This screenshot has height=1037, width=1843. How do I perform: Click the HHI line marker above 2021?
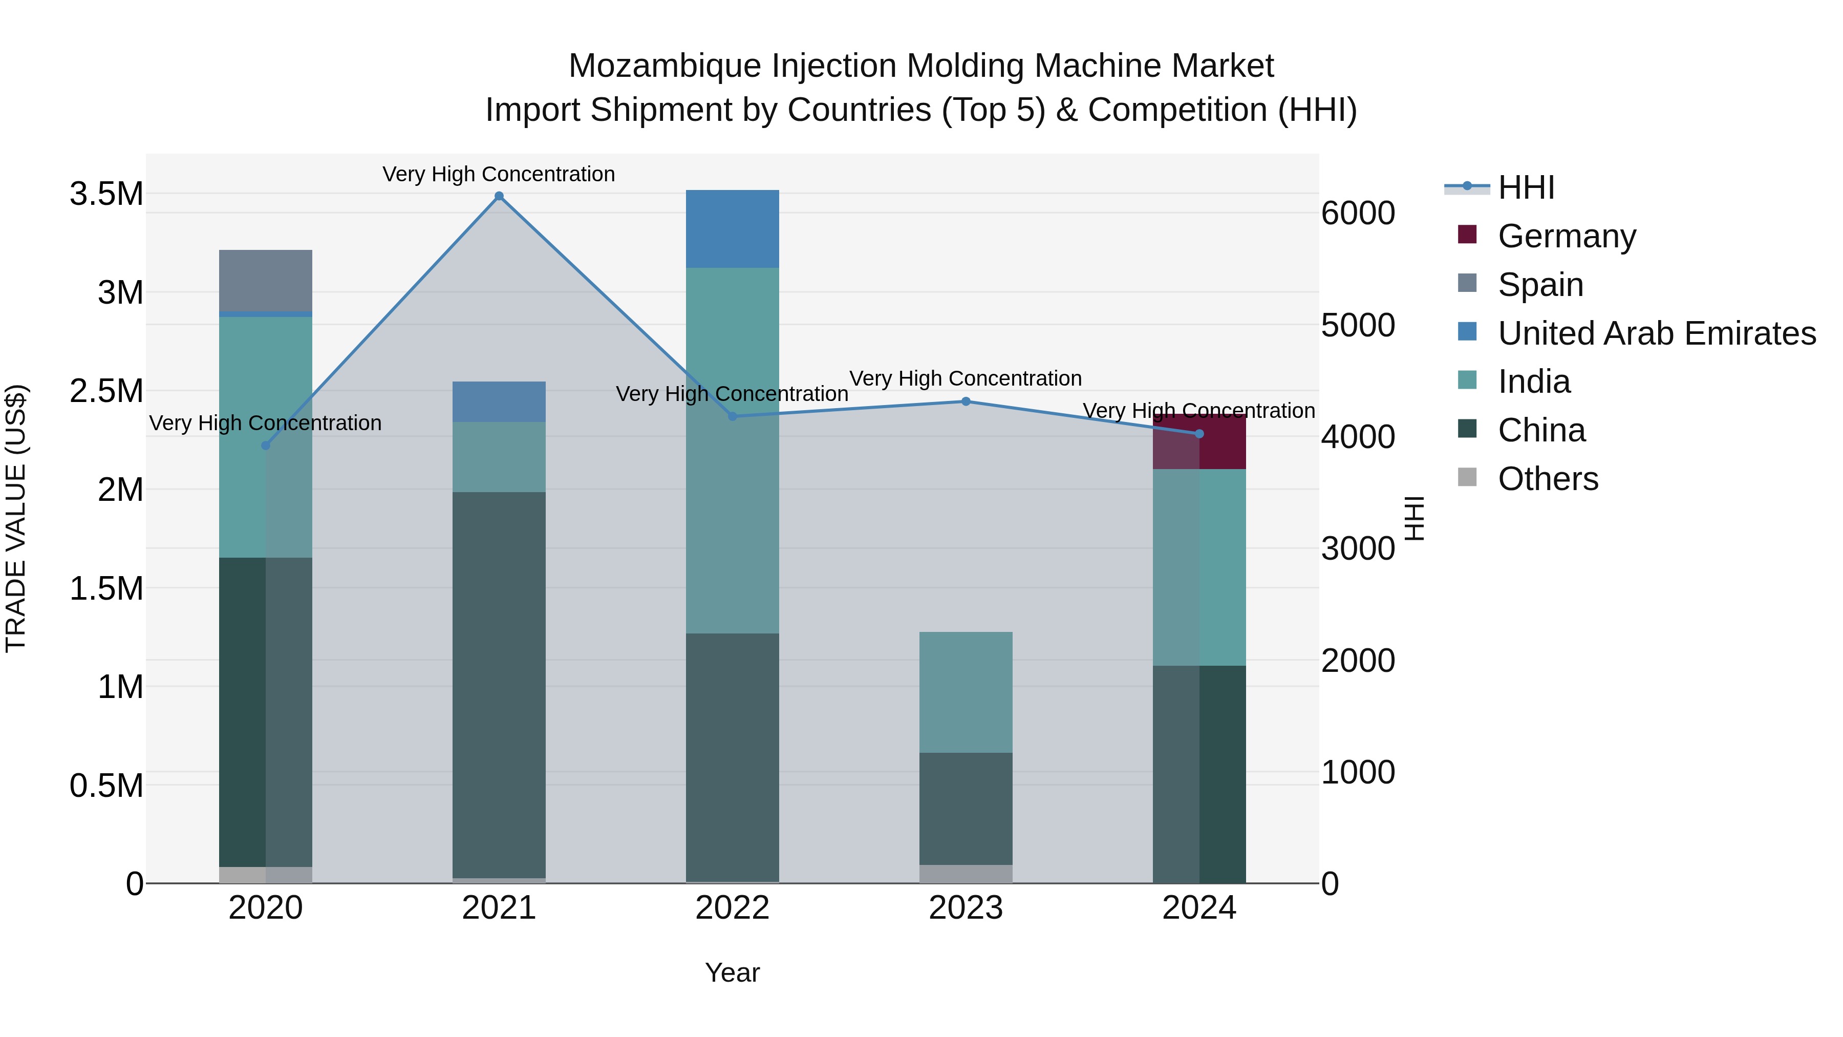(499, 196)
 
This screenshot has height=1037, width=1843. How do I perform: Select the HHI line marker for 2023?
(966, 401)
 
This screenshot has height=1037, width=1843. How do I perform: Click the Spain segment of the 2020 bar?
(265, 281)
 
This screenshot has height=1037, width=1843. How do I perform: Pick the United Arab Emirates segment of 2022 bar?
(732, 229)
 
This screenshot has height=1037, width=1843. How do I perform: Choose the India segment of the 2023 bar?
(966, 691)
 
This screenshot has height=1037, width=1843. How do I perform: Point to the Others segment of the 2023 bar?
(966, 874)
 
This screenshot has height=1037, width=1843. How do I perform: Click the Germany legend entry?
(1567, 236)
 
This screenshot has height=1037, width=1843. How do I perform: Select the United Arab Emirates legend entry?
(1656, 333)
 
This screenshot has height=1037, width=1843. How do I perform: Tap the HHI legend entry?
(1526, 187)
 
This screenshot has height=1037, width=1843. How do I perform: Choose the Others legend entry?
(1548, 479)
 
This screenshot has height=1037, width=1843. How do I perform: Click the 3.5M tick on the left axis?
(106, 194)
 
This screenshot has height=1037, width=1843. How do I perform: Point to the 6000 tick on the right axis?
(1357, 213)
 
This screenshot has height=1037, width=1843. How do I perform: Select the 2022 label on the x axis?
(732, 908)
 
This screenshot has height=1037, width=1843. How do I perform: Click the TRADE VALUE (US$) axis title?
(16, 518)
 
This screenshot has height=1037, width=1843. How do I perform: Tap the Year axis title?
(732, 972)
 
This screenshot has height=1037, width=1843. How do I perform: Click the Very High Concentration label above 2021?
(499, 174)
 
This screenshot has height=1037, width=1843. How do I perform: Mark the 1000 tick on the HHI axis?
(1357, 772)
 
